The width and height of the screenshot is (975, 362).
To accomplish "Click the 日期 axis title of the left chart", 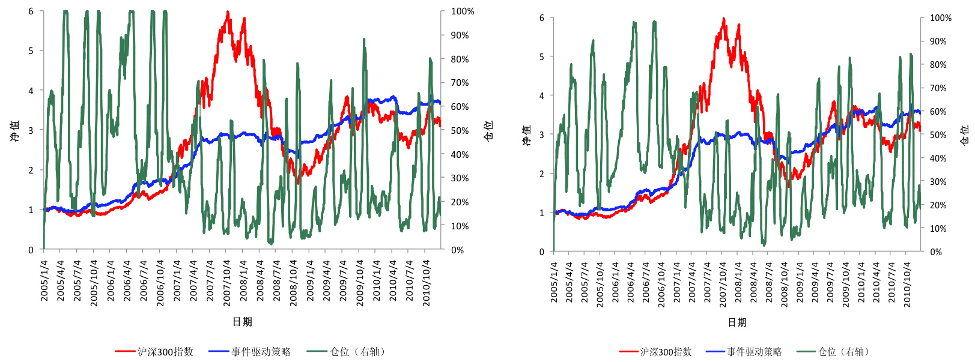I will coord(242,322).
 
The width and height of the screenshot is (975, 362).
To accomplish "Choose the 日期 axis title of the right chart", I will coord(737,322).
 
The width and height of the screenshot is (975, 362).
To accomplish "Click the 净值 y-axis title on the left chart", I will coord(14,130).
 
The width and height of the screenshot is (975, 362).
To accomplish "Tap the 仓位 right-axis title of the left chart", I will coord(488,130).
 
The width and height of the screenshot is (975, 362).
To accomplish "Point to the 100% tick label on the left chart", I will coord(463,11).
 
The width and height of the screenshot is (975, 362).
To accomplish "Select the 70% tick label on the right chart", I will coord(938,88).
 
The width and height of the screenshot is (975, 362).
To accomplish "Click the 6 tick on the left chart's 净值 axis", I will coord(31,11).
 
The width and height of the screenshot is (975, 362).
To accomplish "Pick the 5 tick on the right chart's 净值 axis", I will coord(542,57).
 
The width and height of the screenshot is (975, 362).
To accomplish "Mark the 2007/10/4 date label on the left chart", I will coord(227,283).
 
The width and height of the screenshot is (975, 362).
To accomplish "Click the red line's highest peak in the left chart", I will coord(228,12).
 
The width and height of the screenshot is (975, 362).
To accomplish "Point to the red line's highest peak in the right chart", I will coord(723,19).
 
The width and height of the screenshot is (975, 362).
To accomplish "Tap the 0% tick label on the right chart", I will coord(936,252).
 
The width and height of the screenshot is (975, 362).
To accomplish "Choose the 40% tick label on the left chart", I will coord(460,154).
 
